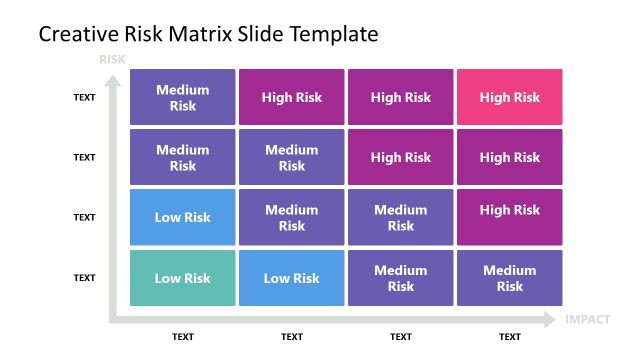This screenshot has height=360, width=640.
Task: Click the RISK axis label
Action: click(112, 60)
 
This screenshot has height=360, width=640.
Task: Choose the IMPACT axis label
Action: click(588, 320)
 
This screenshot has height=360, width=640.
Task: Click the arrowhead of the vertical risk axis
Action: click(112, 75)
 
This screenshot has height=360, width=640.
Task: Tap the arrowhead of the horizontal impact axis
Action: click(550, 320)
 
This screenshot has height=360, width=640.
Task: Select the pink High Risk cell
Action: click(510, 97)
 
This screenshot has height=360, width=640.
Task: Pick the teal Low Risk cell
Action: click(183, 278)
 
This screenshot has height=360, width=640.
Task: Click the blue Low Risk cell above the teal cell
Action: click(183, 217)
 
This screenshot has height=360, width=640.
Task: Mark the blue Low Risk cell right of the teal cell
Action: click(292, 278)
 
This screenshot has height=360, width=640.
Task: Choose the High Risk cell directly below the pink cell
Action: click(510, 157)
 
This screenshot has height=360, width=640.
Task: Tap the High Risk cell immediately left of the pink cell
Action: click(401, 97)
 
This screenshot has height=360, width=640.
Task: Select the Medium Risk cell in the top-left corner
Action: click(183, 97)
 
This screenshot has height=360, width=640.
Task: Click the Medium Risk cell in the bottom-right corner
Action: click(510, 278)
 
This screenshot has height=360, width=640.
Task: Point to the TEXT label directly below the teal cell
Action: click(183, 337)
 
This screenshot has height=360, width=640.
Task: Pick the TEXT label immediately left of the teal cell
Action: click(84, 278)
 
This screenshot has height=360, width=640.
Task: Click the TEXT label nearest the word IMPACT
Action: click(510, 337)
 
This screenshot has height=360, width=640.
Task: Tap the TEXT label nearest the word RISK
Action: click(84, 97)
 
